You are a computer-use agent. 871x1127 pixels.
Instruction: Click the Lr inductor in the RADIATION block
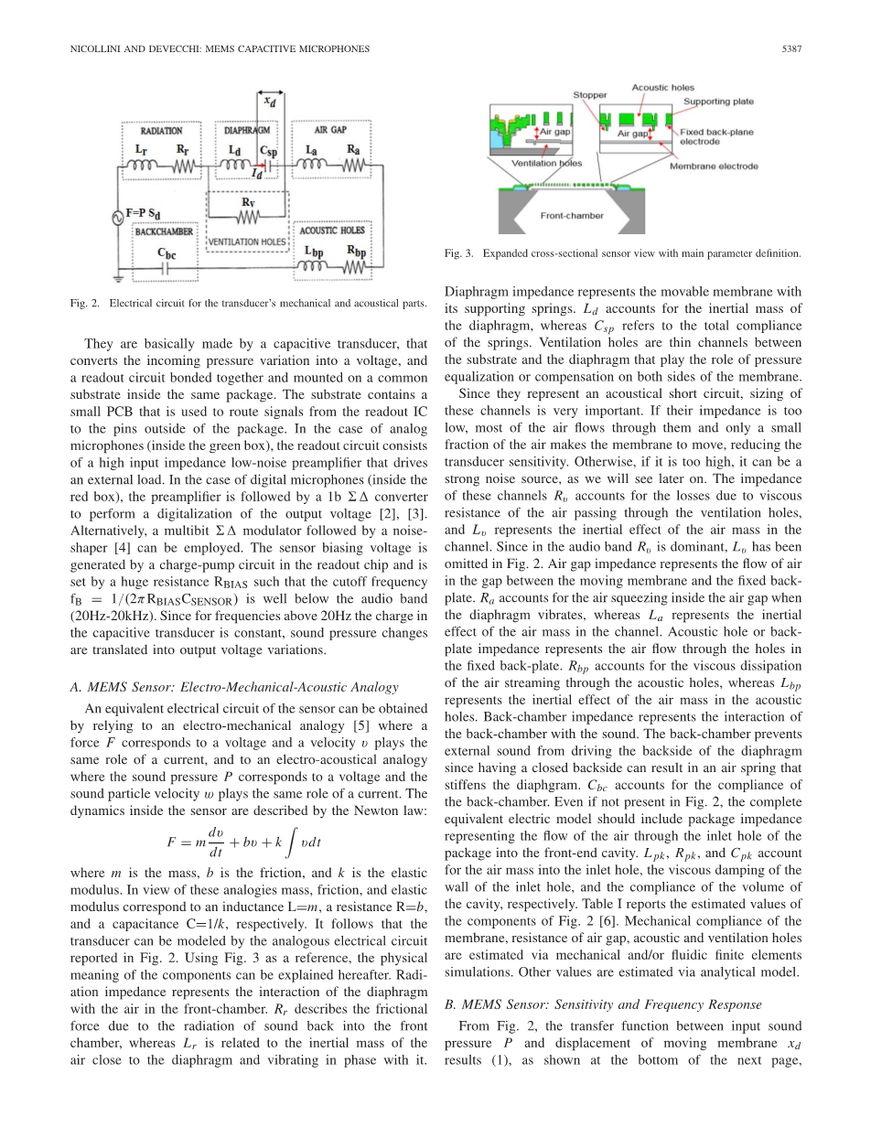pyautogui.click(x=143, y=166)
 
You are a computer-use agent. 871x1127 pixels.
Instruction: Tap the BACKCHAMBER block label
pyautogui.click(x=164, y=232)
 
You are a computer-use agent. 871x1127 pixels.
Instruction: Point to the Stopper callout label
pyautogui.click(x=589, y=94)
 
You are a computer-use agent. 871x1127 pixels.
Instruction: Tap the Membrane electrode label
pyautogui.click(x=714, y=166)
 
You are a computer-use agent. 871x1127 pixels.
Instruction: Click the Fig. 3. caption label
pyautogui.click(x=457, y=253)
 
